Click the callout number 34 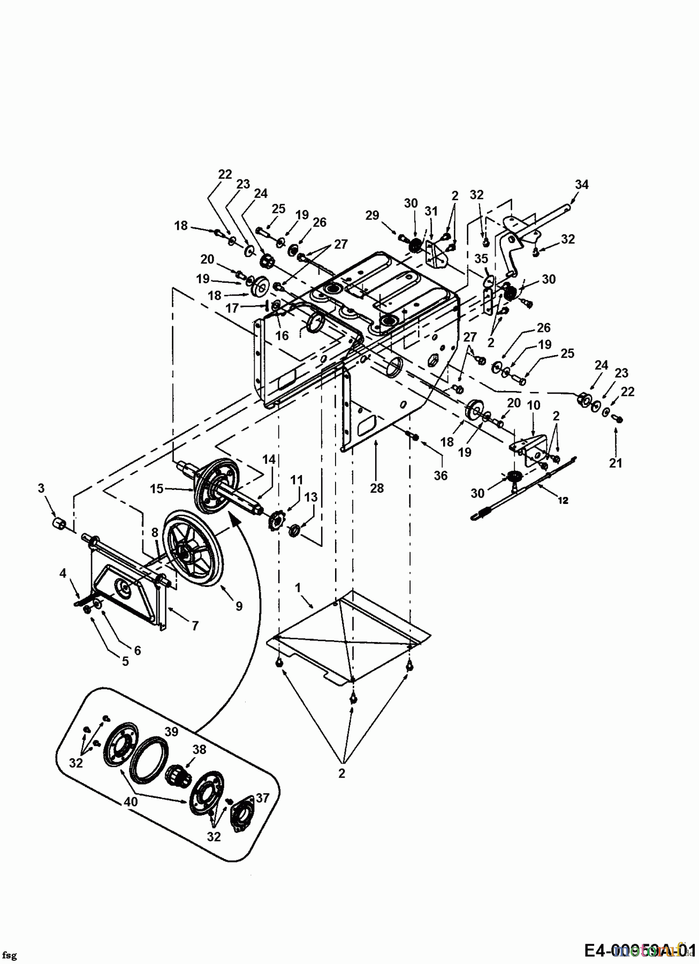[x=581, y=184]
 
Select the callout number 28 [x=377, y=488]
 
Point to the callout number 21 [x=616, y=463]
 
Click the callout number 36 [x=440, y=476]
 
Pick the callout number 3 [x=41, y=488]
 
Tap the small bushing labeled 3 [x=58, y=523]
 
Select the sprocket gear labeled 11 [x=277, y=522]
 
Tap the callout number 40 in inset [x=131, y=802]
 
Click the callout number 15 [x=156, y=488]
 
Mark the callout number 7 [x=195, y=625]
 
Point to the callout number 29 [x=372, y=215]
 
